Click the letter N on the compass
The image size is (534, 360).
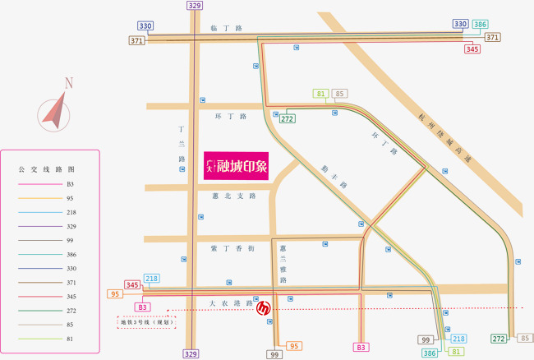(x=69, y=82)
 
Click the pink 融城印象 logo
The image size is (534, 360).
(x=237, y=167)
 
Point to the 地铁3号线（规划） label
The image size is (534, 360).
(x=146, y=322)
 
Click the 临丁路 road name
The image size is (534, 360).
(x=227, y=28)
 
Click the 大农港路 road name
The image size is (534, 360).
(x=231, y=303)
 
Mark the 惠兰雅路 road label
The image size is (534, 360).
(x=282, y=264)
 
